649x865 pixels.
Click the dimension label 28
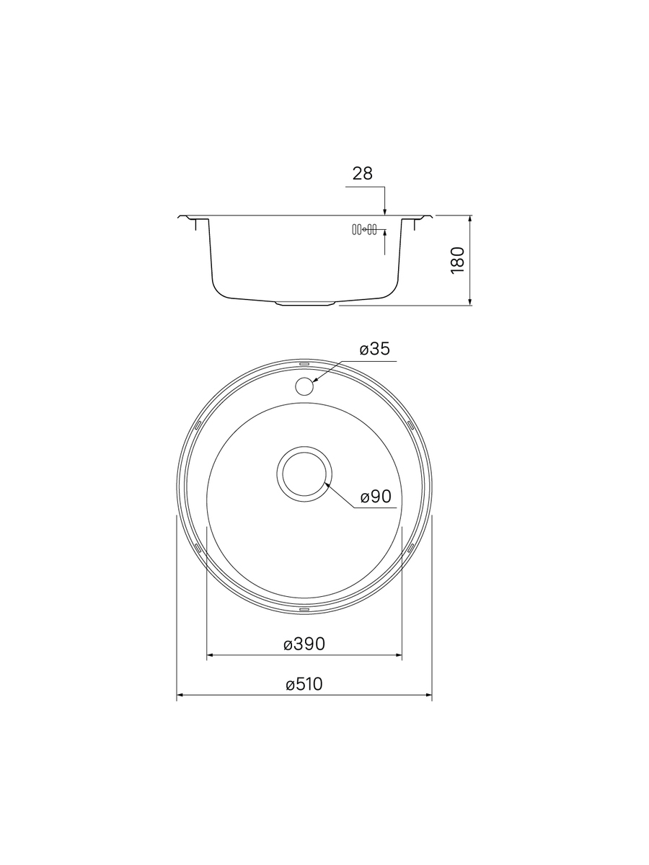[x=362, y=174]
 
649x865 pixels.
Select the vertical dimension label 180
[x=458, y=260]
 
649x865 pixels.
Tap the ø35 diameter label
[x=374, y=349]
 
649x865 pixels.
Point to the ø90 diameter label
[x=376, y=497]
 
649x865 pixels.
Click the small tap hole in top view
[x=304, y=386]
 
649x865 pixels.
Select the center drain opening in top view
[x=304, y=474]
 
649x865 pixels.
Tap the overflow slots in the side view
[x=364, y=229]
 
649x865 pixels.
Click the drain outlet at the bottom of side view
[x=304, y=303]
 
